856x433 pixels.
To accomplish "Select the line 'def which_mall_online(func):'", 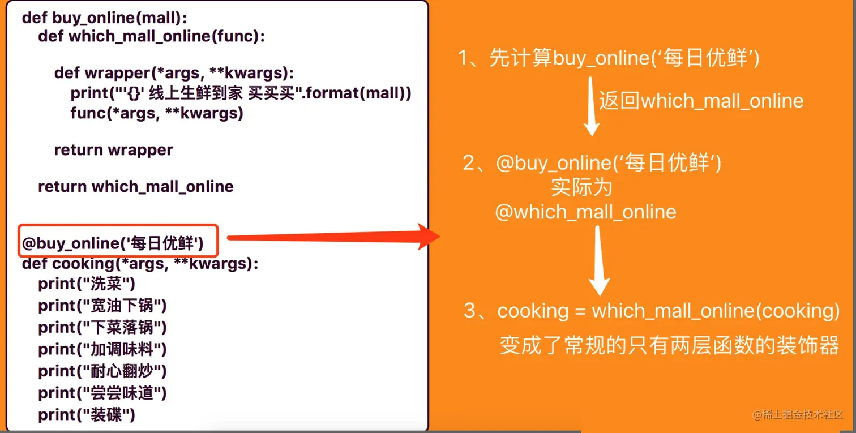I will tap(151, 37).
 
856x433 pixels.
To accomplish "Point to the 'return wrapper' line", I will tap(113, 150).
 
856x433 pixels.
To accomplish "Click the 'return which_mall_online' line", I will tap(135, 186).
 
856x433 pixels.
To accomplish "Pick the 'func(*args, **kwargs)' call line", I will tap(156, 113).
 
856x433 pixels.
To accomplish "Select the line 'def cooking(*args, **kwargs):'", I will tap(140, 264).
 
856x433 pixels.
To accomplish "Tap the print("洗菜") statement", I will tap(87, 284).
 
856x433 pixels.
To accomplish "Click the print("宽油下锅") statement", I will tap(102, 306).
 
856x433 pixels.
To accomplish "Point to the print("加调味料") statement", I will tap(102, 349).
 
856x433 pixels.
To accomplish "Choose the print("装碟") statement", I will tap(87, 415).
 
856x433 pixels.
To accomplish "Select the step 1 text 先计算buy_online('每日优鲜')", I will tap(609, 59).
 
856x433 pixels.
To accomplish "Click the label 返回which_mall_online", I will tap(701, 101).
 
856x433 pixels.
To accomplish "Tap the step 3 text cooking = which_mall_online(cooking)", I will tap(651, 311).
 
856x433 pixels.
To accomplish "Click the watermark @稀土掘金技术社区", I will tap(798, 415).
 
